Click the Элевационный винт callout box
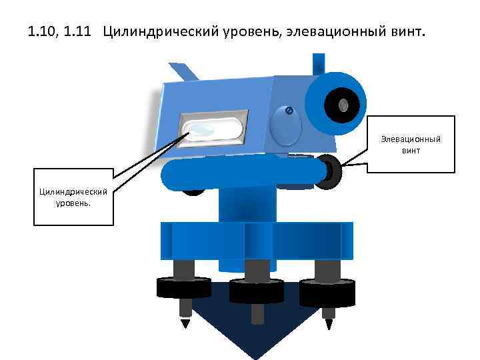pyautogui.click(x=411, y=145)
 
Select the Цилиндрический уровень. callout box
pyautogui.click(x=73, y=197)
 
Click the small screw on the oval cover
pyautogui.click(x=289, y=110)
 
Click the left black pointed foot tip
pyautogui.click(x=185, y=323)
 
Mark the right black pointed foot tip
pyautogui.click(x=328, y=324)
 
